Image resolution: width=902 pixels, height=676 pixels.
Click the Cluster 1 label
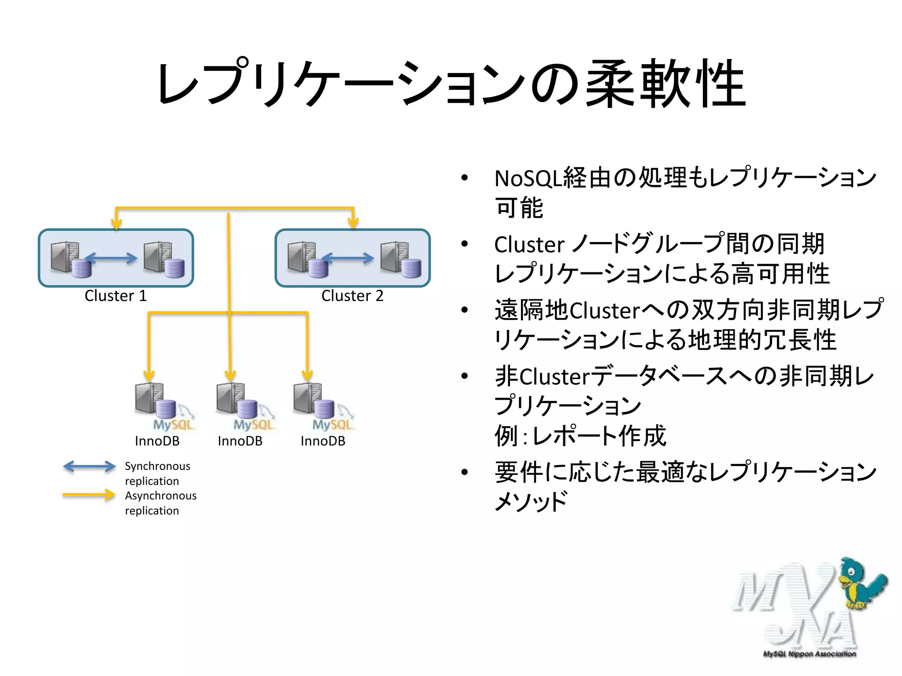(115, 296)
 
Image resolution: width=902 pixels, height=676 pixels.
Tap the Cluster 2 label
(352, 296)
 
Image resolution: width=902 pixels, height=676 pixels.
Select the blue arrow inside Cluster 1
(111, 258)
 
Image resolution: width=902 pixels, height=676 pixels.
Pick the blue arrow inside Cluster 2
(348, 258)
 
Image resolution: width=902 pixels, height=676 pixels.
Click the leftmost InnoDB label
(157, 441)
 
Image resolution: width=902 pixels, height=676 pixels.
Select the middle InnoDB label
(240, 441)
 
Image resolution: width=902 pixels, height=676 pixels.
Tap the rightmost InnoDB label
(323, 441)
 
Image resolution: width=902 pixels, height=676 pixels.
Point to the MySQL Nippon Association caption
(810, 654)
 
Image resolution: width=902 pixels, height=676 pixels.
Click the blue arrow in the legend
(89, 467)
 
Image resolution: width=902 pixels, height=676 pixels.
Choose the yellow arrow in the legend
(89, 495)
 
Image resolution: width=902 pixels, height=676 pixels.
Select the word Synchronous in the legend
(158, 466)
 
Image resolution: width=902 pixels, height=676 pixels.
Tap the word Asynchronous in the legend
(161, 496)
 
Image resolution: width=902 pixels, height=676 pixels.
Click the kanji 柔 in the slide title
(611, 84)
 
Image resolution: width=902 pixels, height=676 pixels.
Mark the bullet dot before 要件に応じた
(465, 472)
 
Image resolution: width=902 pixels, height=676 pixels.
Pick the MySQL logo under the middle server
(253, 424)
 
